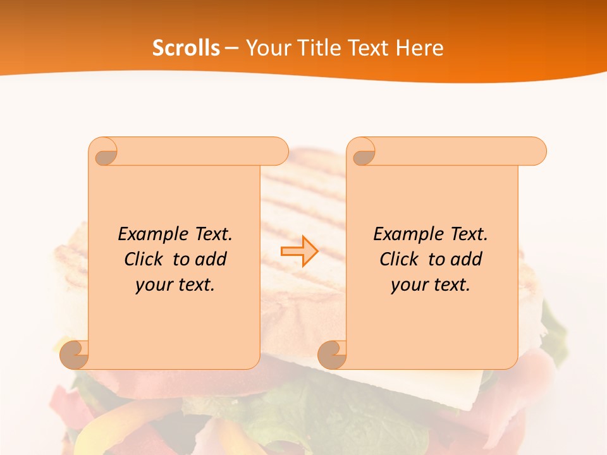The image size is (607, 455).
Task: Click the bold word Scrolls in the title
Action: tap(186, 48)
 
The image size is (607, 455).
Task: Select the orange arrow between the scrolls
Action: tap(299, 252)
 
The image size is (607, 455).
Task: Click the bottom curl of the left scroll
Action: tap(74, 354)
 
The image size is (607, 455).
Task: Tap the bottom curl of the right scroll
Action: tap(332, 355)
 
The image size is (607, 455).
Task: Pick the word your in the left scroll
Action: tap(154, 285)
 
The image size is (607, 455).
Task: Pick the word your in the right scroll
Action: tap(409, 285)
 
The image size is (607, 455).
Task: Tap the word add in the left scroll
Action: tap(211, 259)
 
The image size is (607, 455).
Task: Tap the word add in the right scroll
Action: tap(466, 259)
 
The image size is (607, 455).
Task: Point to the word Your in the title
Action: tap(266, 48)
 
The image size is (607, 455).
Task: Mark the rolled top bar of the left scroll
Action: tap(196, 151)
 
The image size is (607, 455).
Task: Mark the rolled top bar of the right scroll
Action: tap(455, 151)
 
